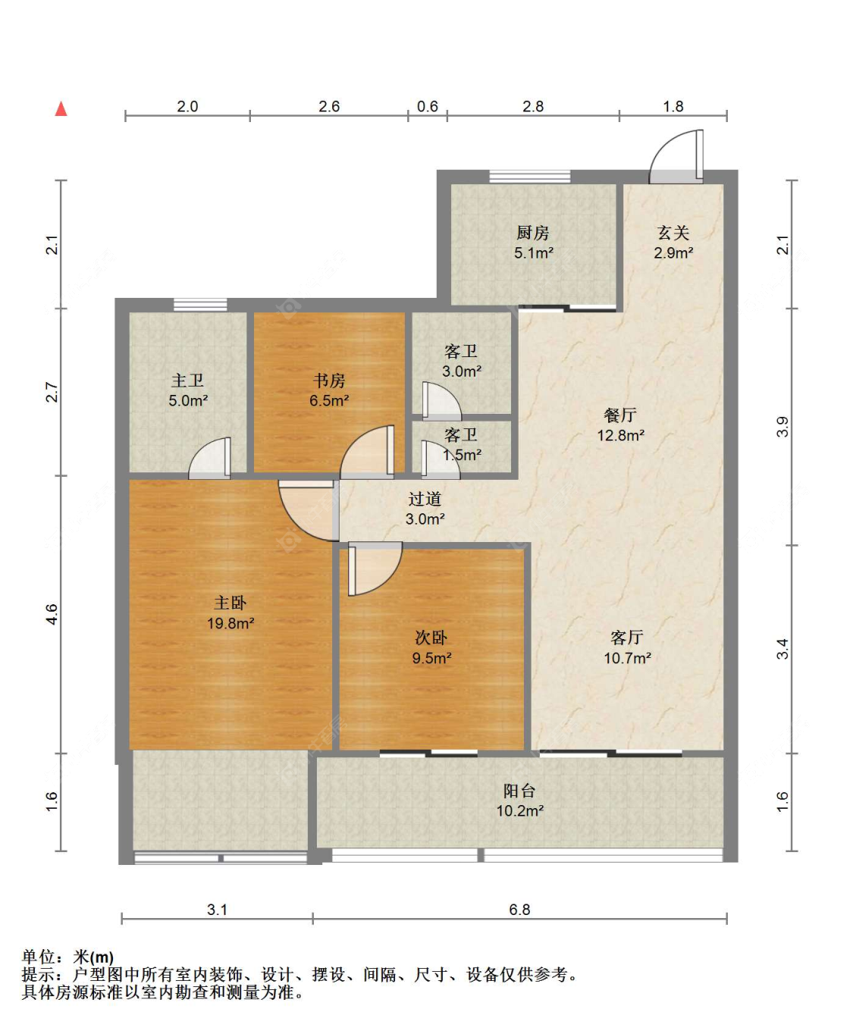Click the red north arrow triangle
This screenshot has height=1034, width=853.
[61, 108]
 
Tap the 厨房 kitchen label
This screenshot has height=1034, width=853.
[532, 232]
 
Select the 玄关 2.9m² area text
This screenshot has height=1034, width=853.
[673, 253]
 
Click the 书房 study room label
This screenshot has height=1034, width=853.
[329, 381]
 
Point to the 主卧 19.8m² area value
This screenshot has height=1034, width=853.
[230, 623]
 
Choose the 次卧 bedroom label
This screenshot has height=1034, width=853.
[431, 638]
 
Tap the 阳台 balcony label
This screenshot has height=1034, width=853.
[519, 791]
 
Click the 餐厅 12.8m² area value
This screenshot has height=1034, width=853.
[621, 435]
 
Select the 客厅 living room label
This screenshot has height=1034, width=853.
[627, 638]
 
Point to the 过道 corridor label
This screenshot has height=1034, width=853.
[425, 499]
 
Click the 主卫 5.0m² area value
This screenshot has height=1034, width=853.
[188, 400]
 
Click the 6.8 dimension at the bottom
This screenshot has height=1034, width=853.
[519, 909]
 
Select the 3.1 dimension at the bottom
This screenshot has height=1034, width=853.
[217, 909]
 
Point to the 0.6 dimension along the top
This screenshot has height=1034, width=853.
[428, 106]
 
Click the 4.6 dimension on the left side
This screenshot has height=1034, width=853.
[52, 615]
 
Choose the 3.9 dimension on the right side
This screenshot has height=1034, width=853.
[782, 427]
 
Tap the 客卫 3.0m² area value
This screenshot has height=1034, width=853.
[462, 371]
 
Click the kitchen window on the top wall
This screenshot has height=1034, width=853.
[529, 177]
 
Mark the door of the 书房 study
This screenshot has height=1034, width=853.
[367, 452]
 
